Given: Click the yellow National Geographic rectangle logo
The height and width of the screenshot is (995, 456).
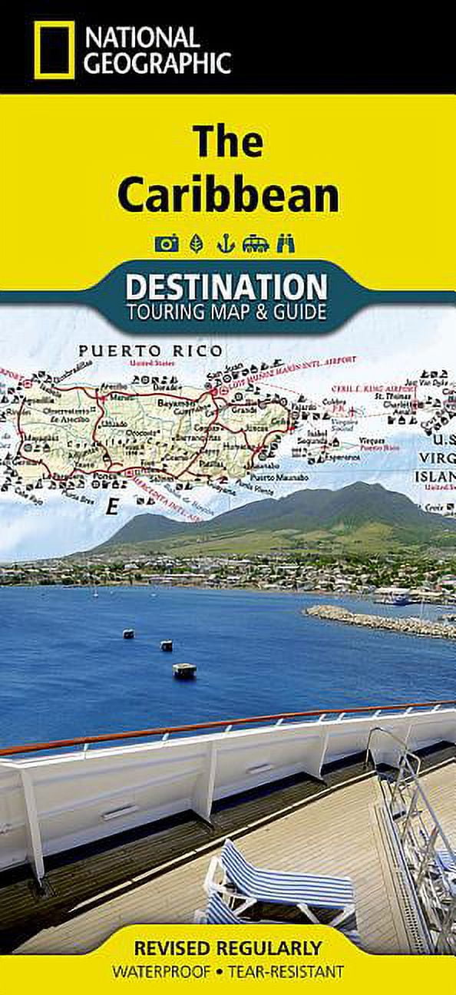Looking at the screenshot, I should (x=54, y=50).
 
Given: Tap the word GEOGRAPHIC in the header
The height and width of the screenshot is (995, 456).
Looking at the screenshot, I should (x=157, y=63).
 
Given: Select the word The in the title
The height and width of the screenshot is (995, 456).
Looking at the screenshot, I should (x=228, y=141).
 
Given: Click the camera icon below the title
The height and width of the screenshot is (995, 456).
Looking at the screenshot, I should (x=167, y=244).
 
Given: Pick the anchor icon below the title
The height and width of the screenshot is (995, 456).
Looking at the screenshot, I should (x=224, y=244).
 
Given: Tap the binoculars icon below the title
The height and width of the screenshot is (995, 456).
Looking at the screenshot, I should (x=286, y=244).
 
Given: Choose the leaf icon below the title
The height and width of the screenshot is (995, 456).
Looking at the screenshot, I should (x=196, y=244).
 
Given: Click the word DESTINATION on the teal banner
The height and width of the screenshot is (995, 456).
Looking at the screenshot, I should (x=226, y=287).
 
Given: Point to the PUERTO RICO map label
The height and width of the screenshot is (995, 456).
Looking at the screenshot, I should (x=151, y=351).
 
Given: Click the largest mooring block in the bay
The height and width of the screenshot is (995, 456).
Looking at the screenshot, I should (x=184, y=670).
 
